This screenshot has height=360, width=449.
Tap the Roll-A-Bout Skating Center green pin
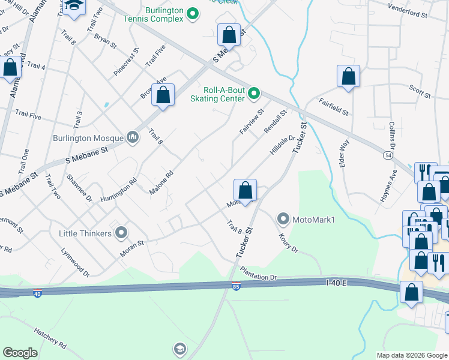(x=254, y=93)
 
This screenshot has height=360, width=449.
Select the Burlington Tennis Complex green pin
(x=193, y=13)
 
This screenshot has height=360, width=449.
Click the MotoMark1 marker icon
(x=283, y=219)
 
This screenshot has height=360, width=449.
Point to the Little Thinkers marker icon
(x=122, y=232)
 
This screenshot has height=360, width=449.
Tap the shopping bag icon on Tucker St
(x=245, y=191)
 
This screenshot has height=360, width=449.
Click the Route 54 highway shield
(x=388, y=155)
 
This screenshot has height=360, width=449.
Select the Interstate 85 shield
(x=236, y=286)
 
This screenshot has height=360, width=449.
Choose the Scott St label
(x=420, y=92)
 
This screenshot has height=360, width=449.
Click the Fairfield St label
(x=334, y=107)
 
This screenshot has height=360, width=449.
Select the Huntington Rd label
(x=119, y=190)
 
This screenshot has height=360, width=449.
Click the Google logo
(x=20, y=353)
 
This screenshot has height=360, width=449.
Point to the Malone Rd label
(x=161, y=182)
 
